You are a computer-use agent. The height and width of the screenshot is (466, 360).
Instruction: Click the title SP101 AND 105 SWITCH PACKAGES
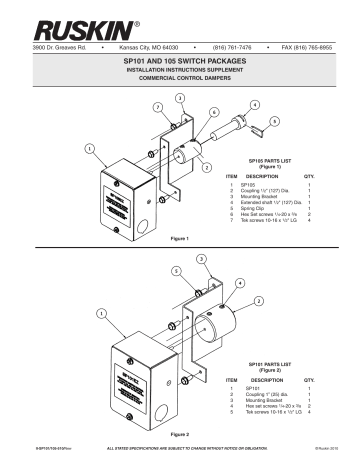tap(180, 62)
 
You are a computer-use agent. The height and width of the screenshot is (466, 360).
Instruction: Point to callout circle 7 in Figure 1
tap(157, 106)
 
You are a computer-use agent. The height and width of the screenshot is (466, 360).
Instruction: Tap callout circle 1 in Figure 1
tap(90, 150)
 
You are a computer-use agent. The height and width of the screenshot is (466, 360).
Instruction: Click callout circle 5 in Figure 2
tap(177, 270)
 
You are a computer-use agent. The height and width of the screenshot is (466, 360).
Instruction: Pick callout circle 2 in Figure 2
tap(258, 300)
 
